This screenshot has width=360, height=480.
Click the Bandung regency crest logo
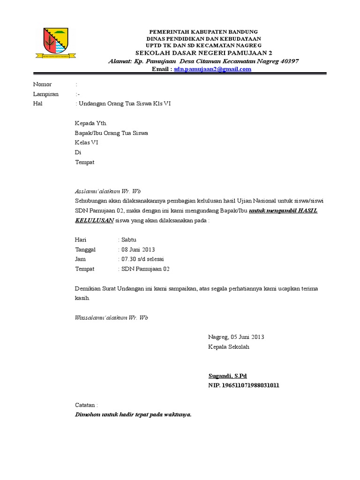[52, 44]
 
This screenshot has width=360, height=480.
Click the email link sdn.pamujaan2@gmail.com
[213, 69]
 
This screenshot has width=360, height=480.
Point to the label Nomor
[42, 84]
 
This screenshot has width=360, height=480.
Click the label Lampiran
[46, 94]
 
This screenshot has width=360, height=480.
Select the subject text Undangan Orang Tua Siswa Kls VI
[124, 104]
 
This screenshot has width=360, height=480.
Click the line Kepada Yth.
[91, 123]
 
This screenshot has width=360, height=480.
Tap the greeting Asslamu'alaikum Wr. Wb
[108, 191]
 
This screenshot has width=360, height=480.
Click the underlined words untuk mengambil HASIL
[283, 211]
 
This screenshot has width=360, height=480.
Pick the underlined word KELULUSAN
[94, 220]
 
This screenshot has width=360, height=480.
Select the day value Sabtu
[129, 240]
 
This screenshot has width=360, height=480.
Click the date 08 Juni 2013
[138, 250]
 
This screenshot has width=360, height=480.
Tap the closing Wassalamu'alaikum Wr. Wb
[112, 318]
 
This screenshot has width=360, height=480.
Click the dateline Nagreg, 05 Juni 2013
[236, 337]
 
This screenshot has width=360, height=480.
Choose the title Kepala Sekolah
[229, 347]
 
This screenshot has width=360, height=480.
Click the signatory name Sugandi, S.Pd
[227, 376]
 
